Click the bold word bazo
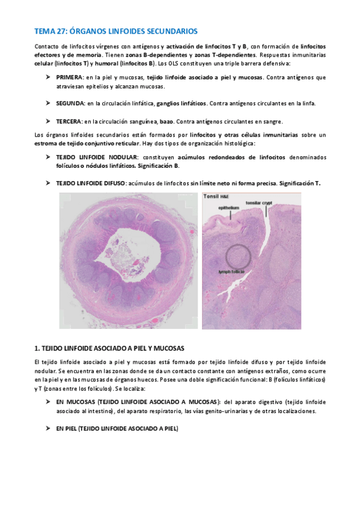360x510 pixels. click(x=166, y=121)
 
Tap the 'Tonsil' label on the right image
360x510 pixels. click(x=211, y=197)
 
